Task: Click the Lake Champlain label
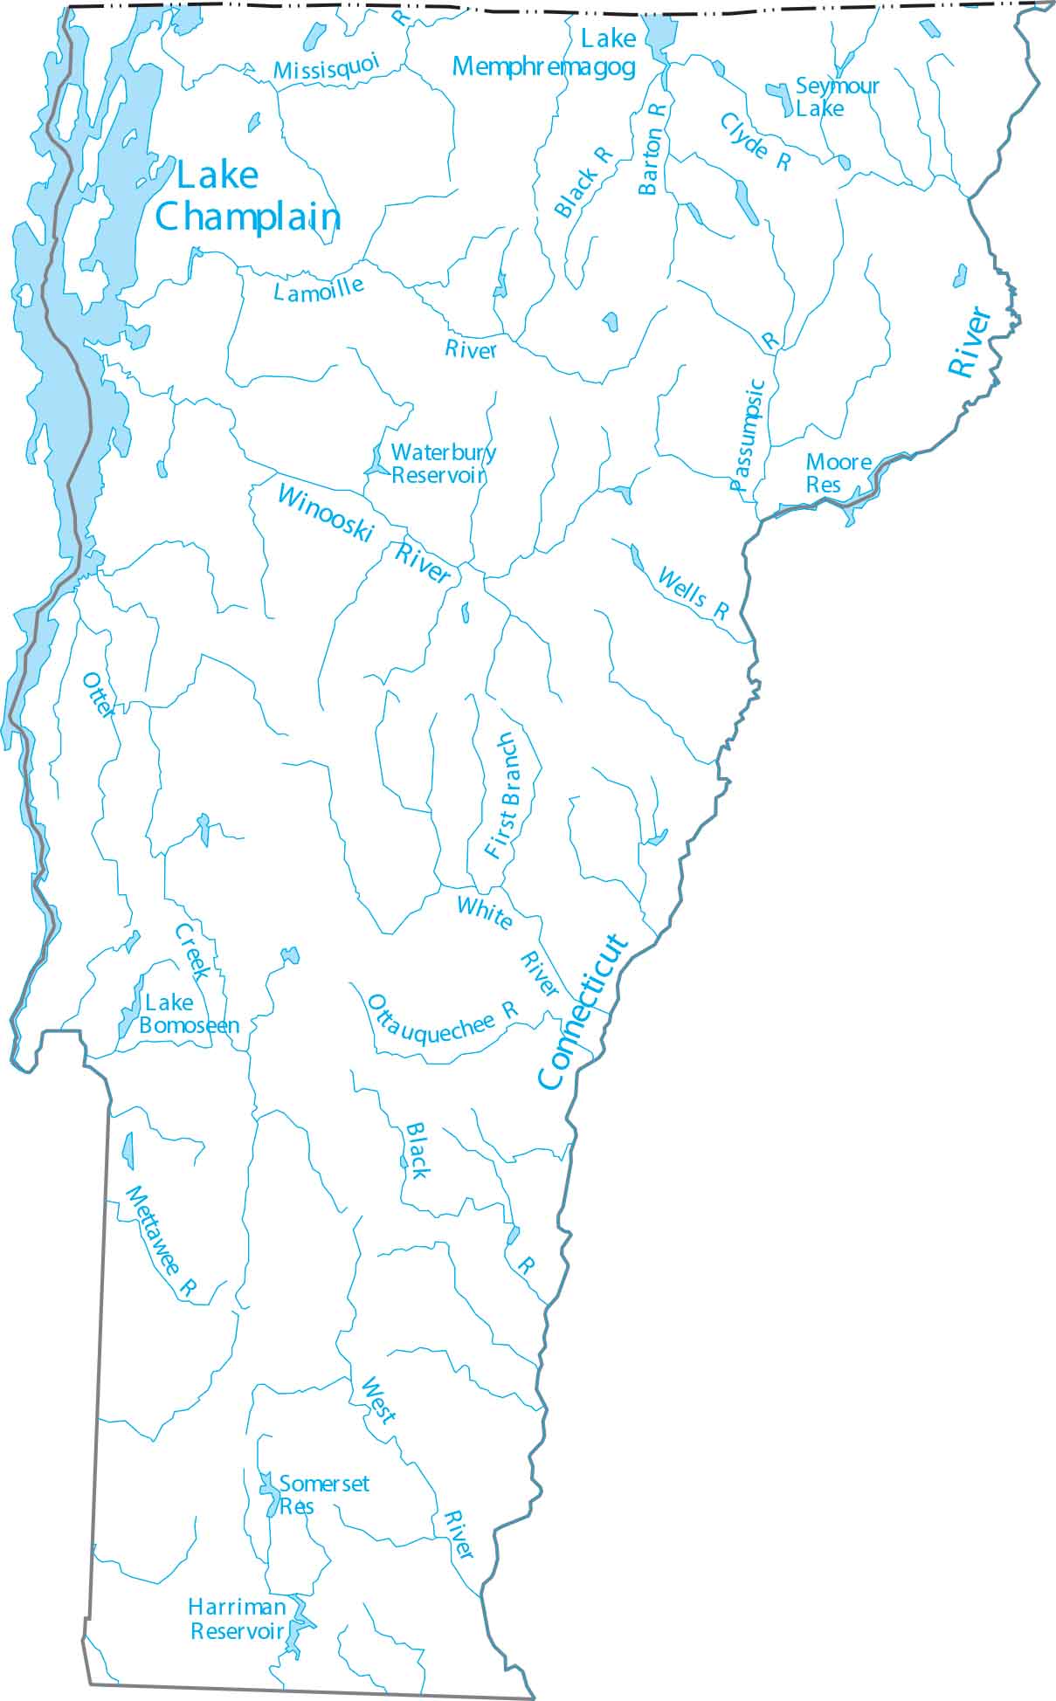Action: coord(247,197)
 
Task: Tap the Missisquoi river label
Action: coord(327,67)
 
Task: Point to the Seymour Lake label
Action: coord(836,97)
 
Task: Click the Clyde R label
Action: coord(756,141)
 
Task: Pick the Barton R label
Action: coord(652,148)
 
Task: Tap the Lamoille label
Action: coord(319,289)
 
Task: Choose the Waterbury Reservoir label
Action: coord(442,464)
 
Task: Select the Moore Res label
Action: coord(837,472)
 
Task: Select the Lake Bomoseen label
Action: coord(188,1014)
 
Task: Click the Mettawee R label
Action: coord(161,1241)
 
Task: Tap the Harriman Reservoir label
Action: coord(238,1618)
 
